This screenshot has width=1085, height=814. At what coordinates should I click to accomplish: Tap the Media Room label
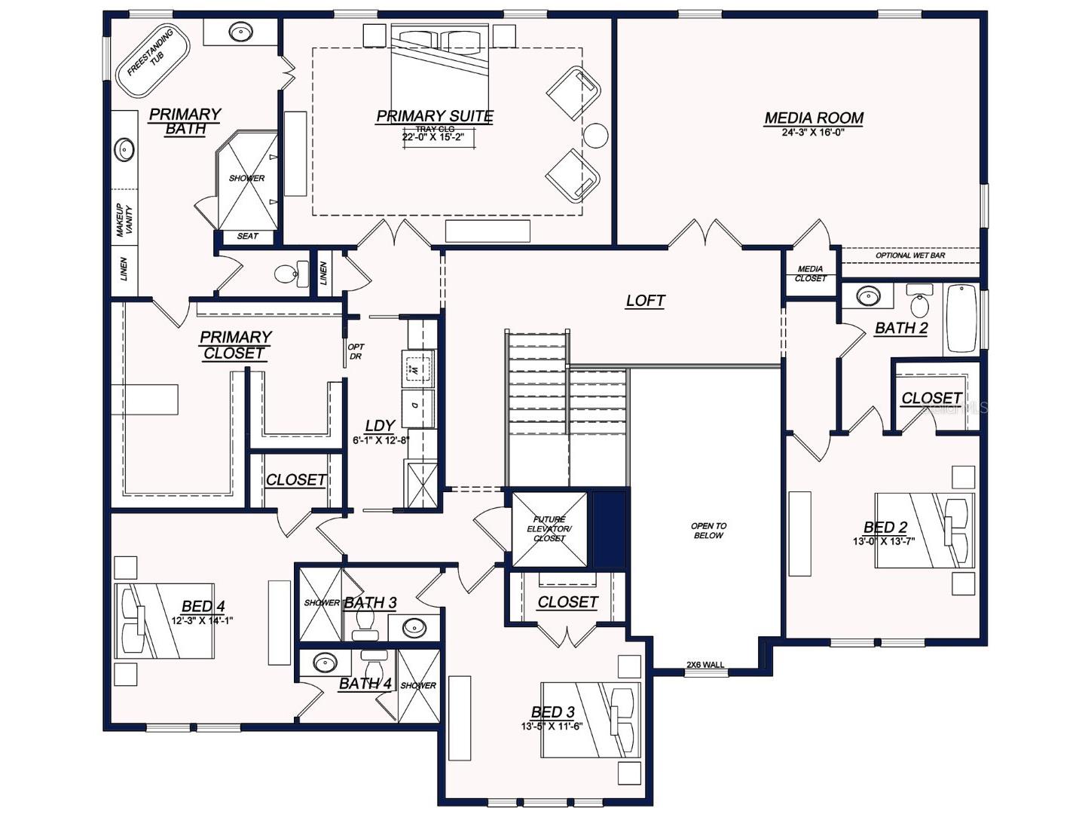point(814,118)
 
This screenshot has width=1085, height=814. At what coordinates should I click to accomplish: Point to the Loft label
point(646,301)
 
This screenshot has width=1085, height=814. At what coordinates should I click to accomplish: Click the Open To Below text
point(708,531)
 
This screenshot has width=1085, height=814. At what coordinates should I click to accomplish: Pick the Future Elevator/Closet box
point(549,528)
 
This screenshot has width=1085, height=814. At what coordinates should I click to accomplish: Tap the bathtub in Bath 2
point(961,318)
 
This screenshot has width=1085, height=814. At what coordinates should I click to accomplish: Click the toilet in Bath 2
point(919,302)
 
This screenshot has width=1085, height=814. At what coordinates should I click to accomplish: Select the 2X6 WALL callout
point(704,665)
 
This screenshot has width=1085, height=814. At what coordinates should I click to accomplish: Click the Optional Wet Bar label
point(909,256)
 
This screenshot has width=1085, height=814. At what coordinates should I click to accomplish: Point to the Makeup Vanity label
point(124,221)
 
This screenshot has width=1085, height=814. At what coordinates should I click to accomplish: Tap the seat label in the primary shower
point(247,236)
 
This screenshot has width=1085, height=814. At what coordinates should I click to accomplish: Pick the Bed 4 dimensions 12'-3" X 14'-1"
point(202,621)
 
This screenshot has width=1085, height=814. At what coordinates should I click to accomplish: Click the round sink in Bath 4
point(325,663)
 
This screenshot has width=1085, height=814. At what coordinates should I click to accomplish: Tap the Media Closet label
point(810,274)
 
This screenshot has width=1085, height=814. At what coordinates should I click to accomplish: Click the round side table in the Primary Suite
point(596,136)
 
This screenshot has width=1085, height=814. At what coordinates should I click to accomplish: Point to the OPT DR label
point(356,352)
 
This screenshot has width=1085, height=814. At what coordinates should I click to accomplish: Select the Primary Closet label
point(235,345)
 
